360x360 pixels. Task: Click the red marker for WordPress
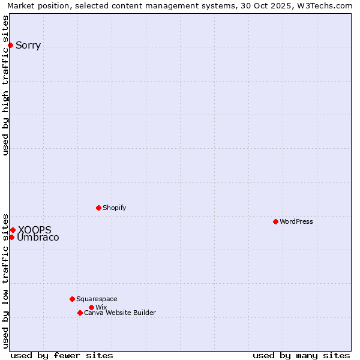[275, 221]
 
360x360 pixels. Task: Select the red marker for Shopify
[98, 208]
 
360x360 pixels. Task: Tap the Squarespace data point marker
[72, 299]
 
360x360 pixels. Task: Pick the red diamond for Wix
[91, 307]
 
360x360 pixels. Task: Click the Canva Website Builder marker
[80, 313]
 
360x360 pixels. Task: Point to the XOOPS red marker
[13, 230]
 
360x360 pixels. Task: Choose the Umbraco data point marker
[11, 237]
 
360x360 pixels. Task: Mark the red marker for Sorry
[10, 45]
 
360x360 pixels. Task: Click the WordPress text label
[296, 221]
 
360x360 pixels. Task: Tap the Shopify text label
[115, 208]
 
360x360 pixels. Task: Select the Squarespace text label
[97, 299]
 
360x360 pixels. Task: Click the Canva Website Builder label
[120, 313]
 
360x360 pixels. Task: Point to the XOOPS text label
[35, 230]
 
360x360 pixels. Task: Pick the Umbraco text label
[38, 238]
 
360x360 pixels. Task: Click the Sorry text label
[28, 46]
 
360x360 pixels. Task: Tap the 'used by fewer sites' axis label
[62, 355]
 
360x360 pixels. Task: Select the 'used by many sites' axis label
[301, 355]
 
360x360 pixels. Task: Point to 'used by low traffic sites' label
[5, 280]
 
